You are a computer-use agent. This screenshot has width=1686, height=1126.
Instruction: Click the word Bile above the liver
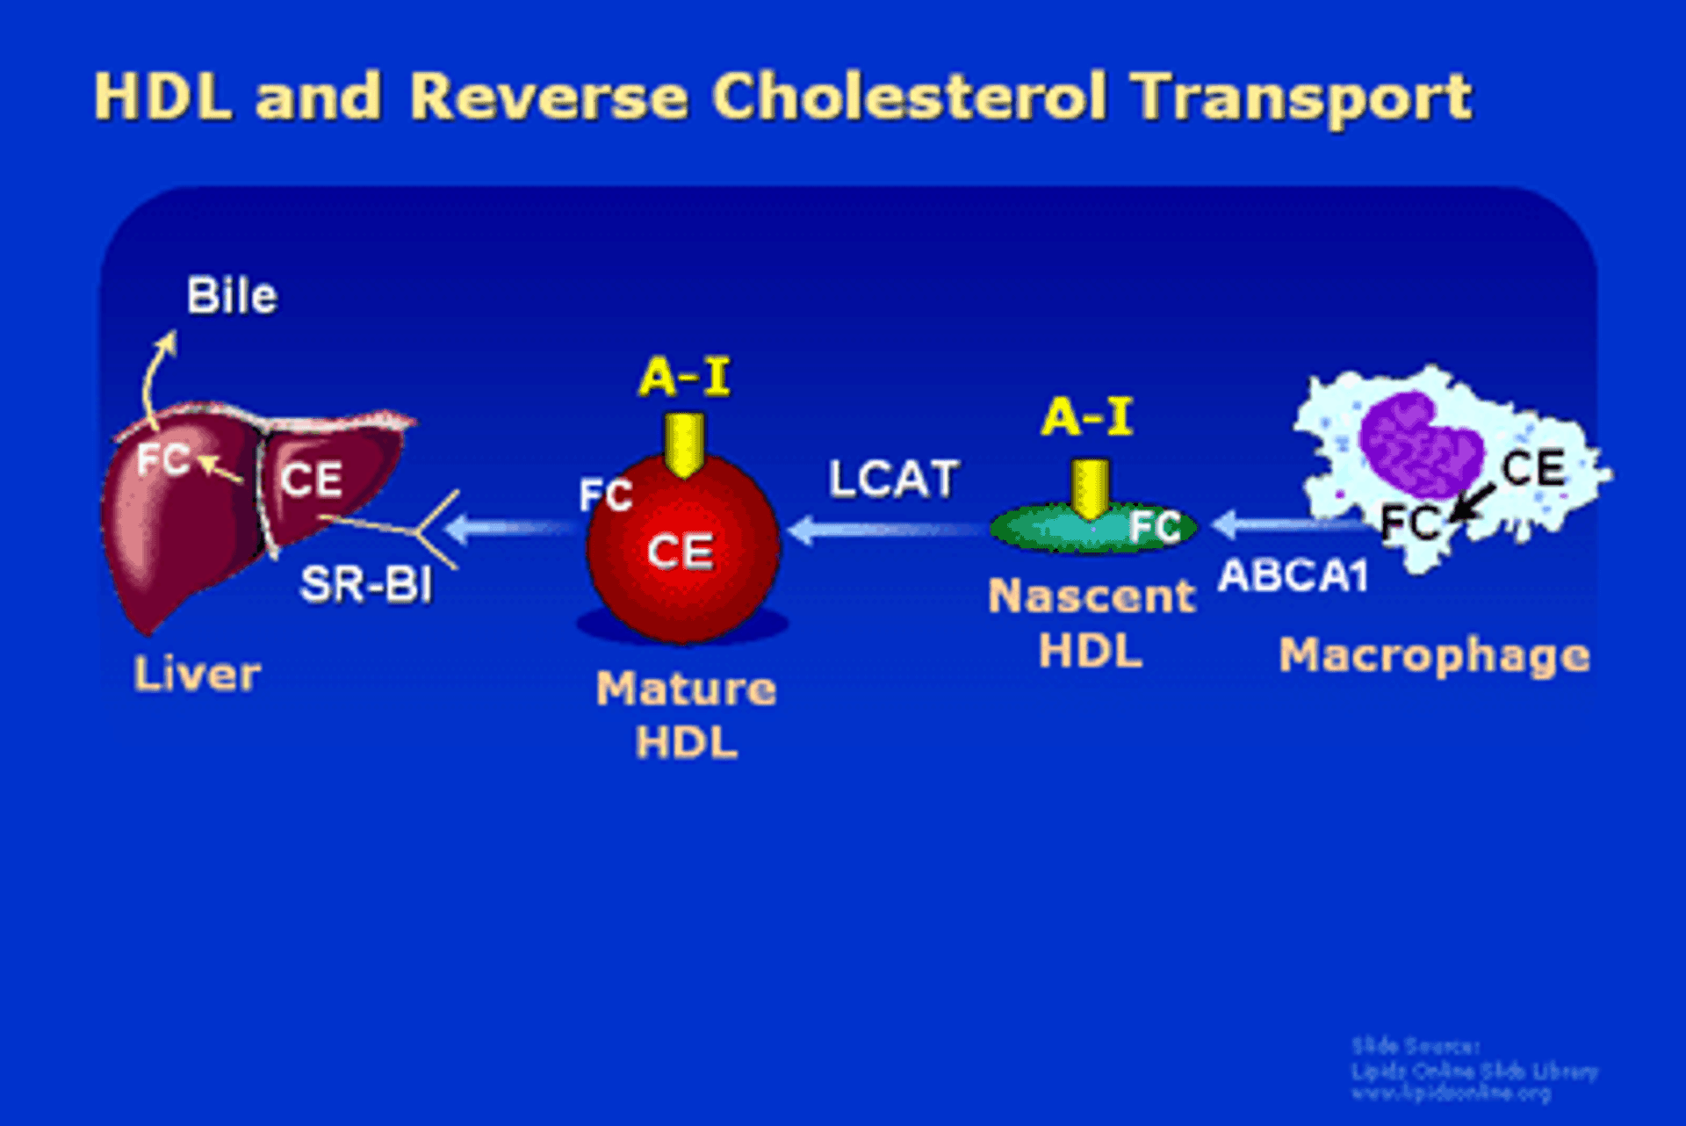(x=232, y=296)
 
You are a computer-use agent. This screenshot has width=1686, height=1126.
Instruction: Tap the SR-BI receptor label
(x=366, y=584)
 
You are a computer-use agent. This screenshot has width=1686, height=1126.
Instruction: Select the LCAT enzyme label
(x=893, y=480)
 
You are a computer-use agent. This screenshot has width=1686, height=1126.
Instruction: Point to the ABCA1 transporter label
(x=1293, y=576)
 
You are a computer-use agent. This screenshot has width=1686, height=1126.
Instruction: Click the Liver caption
(x=197, y=675)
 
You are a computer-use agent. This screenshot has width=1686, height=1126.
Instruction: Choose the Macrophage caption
(x=1434, y=655)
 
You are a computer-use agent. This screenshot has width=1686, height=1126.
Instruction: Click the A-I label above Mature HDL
(x=684, y=378)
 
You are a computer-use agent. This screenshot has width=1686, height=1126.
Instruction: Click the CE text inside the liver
(x=312, y=480)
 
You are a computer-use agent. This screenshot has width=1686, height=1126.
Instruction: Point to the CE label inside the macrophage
(x=1533, y=467)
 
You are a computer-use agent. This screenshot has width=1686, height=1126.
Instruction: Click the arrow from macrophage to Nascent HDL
(x=1286, y=525)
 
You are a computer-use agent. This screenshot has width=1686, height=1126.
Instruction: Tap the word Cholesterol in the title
(x=909, y=96)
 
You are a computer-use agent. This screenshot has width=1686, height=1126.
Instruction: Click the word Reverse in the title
(x=548, y=96)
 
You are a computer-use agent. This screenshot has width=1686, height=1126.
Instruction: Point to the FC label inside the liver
(x=163, y=459)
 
